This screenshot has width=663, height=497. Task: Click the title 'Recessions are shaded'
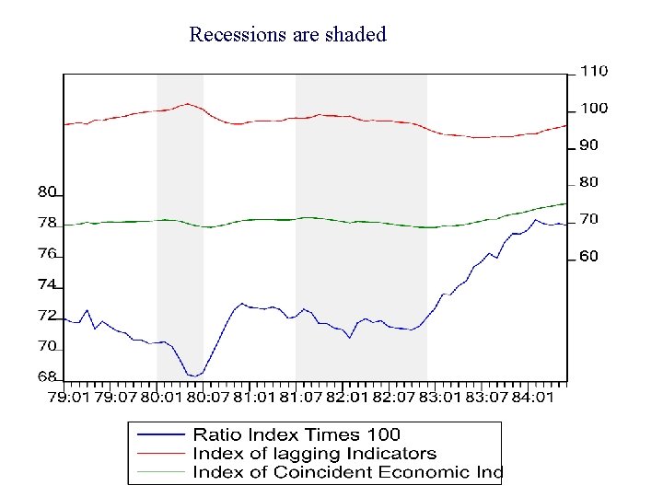coord(287,35)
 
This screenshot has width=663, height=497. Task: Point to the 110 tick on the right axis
coord(593,71)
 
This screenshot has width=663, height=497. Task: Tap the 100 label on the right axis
coord(593,108)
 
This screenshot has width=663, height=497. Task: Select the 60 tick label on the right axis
coord(588,256)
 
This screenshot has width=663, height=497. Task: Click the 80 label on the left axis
coord(47,192)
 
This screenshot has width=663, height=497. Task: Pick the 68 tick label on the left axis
coord(47,376)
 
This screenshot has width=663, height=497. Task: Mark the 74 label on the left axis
coord(47,284)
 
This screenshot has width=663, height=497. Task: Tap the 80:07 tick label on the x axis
coord(207,398)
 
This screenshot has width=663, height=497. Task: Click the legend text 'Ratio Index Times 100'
coord(297,434)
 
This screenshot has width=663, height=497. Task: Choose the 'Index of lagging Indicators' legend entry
coord(314,453)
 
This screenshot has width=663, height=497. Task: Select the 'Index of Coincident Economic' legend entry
coord(346,472)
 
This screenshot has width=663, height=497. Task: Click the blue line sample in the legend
coord(159,434)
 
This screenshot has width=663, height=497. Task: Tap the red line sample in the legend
coord(159,453)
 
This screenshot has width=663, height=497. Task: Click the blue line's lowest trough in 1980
coord(193,376)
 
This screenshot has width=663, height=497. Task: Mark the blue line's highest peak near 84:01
coord(536,219)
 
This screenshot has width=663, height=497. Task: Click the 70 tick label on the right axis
coord(588,219)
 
